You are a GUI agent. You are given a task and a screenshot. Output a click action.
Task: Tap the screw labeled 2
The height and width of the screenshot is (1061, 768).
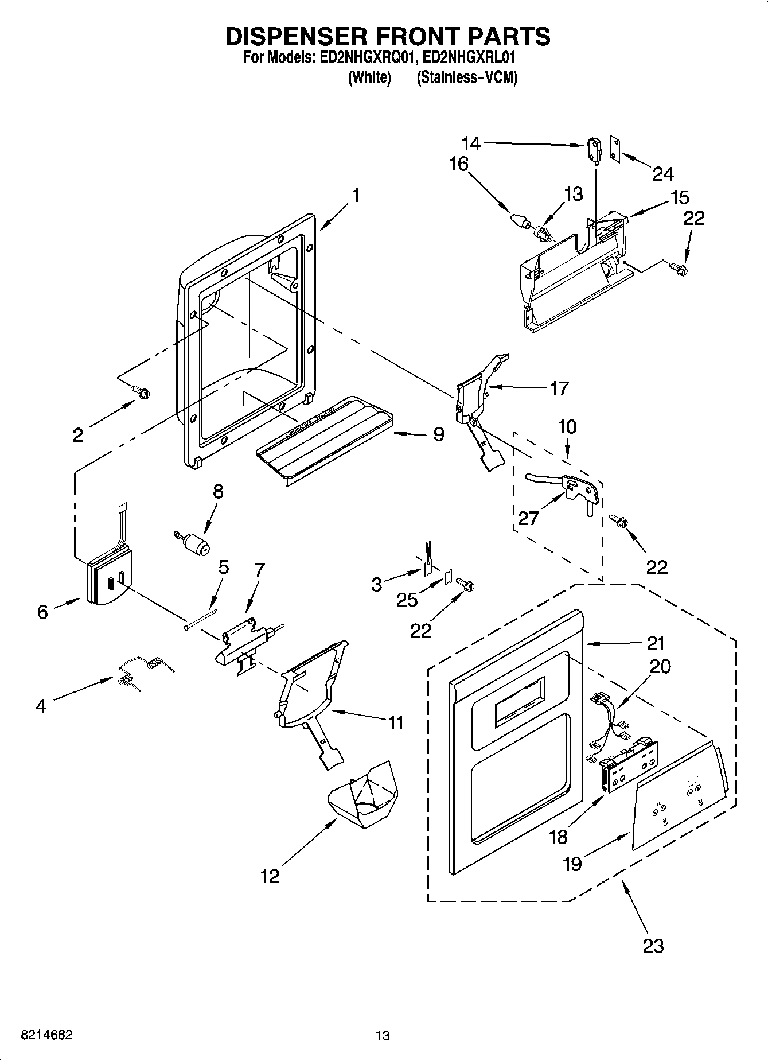141,392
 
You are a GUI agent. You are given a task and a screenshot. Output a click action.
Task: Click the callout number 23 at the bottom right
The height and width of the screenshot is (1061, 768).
653,945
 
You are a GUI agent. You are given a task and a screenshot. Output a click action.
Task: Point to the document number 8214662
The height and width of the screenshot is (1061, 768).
46,1035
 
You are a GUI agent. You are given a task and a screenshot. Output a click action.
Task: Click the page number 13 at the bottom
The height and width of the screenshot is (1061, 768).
383,1036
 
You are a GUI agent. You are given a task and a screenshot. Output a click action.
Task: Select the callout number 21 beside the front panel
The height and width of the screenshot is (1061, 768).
655,643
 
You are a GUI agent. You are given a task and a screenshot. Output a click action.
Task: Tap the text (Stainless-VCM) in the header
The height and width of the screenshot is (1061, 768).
467,78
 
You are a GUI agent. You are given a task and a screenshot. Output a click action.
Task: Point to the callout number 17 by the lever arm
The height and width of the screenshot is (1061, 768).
559,388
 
